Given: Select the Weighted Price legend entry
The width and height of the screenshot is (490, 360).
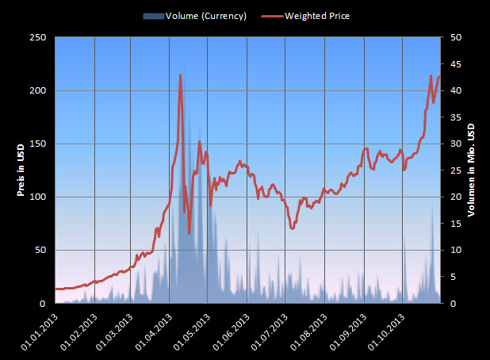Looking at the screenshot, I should (x=316, y=16).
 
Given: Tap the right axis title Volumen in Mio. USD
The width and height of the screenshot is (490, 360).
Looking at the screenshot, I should (x=470, y=170).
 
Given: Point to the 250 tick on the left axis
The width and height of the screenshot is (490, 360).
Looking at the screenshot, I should (x=37, y=37).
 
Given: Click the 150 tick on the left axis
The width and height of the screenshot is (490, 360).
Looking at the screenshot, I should (x=37, y=144).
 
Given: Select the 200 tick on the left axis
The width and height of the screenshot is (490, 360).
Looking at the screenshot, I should (x=37, y=90).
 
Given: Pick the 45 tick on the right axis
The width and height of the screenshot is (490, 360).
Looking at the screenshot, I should (x=457, y=63).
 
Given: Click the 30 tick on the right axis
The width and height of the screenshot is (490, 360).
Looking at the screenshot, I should (x=457, y=144).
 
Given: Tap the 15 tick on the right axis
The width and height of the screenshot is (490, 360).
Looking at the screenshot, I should (x=457, y=224).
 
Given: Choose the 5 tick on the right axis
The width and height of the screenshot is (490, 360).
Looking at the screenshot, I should (x=455, y=277).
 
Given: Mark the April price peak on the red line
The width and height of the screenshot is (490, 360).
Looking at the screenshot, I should (x=181, y=75).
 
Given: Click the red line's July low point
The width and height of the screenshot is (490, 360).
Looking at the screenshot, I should (x=293, y=228).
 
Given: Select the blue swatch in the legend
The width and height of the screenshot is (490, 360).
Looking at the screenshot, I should (x=153, y=16).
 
